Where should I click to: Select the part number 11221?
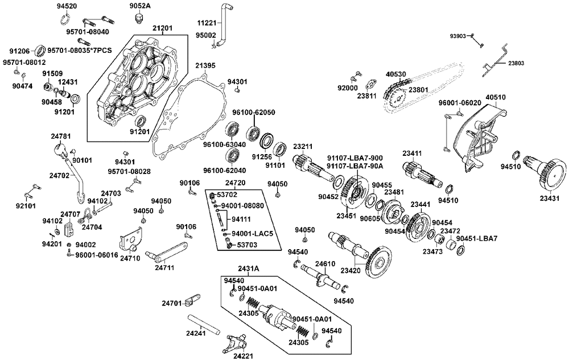pos(207,23)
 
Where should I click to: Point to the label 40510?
pos(495,98)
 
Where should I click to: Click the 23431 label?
pos(550,198)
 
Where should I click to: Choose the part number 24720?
pos(235,183)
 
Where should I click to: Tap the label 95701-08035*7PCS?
pos(80,50)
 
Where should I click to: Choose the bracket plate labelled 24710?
pos(131,239)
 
